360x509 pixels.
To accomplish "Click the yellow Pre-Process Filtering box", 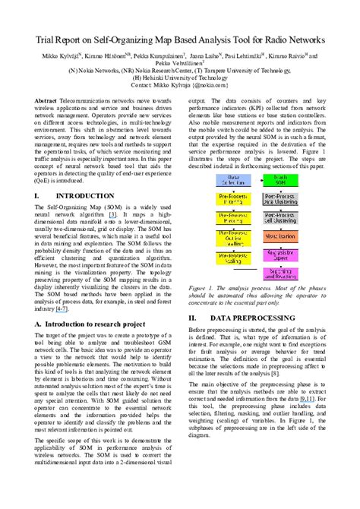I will point(234,198).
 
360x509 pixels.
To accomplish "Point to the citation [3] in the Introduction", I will point(113,215).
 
